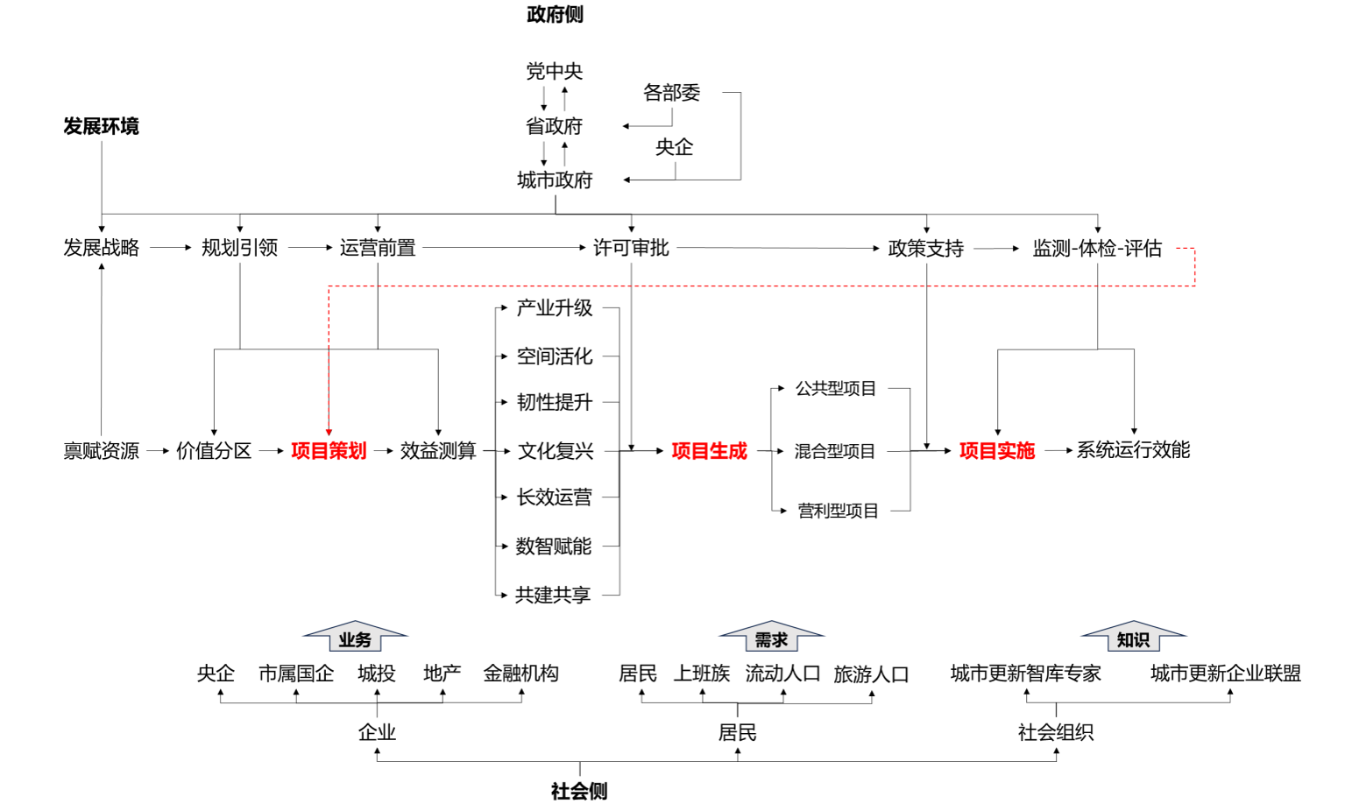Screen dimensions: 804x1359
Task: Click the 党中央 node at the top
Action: [554, 71]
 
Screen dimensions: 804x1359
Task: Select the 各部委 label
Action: [671, 93]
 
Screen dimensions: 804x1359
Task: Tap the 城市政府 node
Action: [555, 180]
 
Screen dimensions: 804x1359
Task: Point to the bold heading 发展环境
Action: [101, 126]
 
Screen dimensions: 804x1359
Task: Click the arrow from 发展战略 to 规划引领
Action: [170, 248]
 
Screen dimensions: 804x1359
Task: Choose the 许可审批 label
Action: [631, 248]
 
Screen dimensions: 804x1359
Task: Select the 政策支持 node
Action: [925, 249]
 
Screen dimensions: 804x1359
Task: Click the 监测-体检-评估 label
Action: [1097, 249]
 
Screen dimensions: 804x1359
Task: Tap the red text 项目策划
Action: [329, 451]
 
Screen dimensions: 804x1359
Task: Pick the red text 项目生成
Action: [709, 451]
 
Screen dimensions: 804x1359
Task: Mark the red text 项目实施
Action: [996, 451]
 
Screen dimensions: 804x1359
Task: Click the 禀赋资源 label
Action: [101, 451]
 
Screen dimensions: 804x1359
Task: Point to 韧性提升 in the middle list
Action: [555, 403]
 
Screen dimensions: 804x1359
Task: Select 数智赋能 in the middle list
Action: [554, 547]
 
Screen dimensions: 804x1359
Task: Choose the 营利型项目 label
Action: [838, 511]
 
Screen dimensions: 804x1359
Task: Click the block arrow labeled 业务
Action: [355, 637]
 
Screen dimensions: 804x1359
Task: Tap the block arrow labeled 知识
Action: [1133, 637]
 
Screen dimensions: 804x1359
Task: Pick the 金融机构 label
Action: [520, 674]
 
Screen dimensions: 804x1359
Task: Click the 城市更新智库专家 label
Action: [1025, 674]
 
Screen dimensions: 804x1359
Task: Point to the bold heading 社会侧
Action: [579, 791]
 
